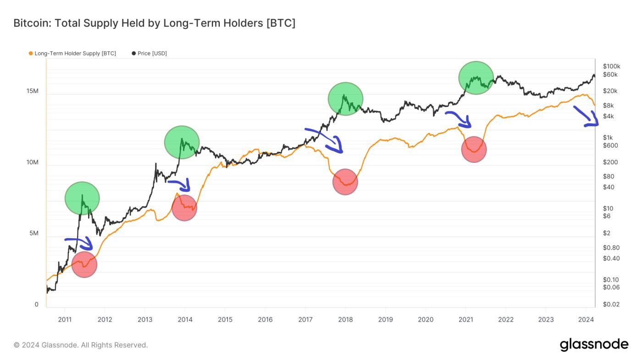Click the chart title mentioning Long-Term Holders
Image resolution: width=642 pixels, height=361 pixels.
[x=154, y=23]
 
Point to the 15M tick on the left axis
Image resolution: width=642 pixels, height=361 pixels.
[x=33, y=91]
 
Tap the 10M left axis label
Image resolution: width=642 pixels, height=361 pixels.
[x=33, y=163]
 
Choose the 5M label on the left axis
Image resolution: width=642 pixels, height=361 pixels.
[x=33, y=233]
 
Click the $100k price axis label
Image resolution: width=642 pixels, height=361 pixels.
[x=612, y=66]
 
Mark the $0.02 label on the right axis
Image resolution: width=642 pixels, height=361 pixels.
[x=611, y=305]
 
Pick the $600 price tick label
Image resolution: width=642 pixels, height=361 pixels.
[x=610, y=145]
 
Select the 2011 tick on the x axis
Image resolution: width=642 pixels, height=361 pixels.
[x=64, y=319]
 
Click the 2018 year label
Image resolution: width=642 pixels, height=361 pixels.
[x=345, y=319]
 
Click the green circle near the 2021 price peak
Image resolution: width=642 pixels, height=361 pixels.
[x=476, y=78]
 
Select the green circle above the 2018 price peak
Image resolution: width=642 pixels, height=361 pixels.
[x=345, y=99]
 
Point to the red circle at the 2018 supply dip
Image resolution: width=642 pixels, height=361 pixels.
[x=345, y=182]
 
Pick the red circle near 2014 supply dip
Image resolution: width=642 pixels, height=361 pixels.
[x=184, y=208]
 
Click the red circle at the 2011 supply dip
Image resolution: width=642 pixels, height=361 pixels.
[x=84, y=264]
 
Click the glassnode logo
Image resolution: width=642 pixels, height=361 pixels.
[x=594, y=344]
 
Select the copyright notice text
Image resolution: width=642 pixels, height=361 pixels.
[x=81, y=345]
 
